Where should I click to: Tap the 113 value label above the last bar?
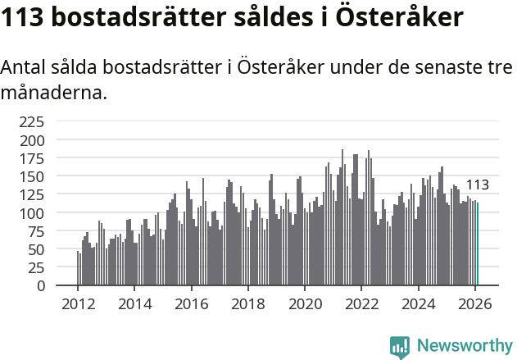478,185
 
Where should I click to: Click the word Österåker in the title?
394,17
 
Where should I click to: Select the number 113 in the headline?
23,17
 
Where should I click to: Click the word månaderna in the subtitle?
53,93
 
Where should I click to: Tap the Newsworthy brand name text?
464,345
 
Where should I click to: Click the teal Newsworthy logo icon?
400,346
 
